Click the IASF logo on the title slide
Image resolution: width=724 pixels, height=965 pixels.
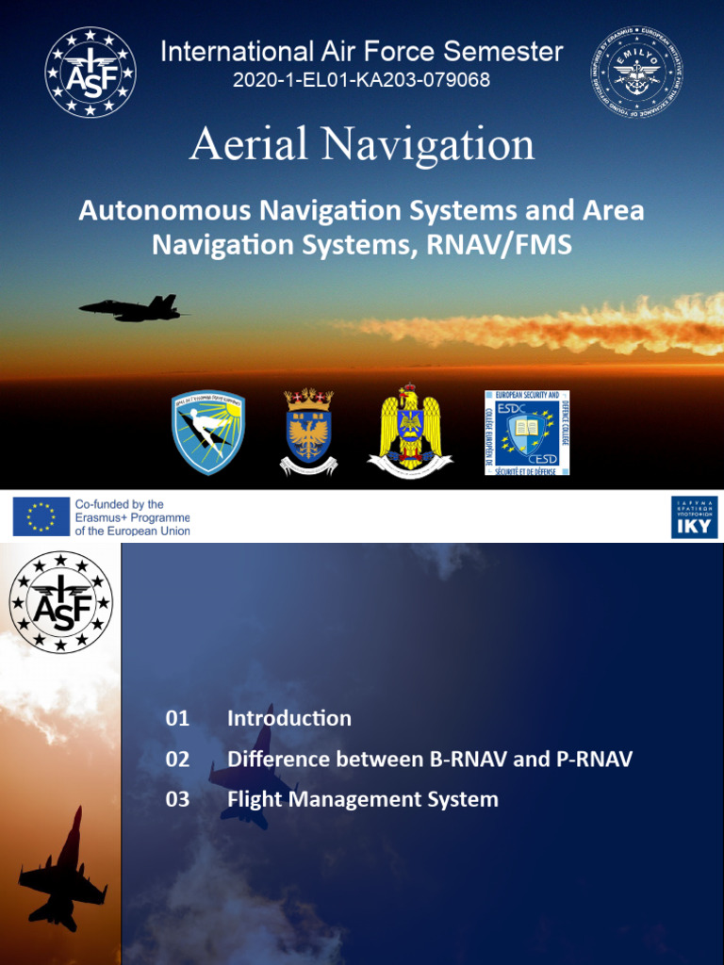click(x=90, y=73)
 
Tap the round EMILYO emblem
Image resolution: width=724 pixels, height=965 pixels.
click(x=637, y=73)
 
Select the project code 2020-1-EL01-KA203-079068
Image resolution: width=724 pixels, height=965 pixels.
click(x=362, y=80)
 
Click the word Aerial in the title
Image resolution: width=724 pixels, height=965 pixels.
click(x=249, y=144)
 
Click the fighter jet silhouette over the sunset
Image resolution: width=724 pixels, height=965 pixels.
click(x=135, y=307)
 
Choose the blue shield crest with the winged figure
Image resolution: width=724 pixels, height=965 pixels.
click(x=208, y=433)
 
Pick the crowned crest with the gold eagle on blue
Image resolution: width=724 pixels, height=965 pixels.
click(x=308, y=432)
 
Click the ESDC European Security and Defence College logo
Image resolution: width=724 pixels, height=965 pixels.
click(x=527, y=432)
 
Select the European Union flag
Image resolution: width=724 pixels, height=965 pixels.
click(x=41, y=516)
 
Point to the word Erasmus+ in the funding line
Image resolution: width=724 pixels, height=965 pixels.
click(x=98, y=517)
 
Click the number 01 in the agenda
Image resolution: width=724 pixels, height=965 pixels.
click(x=177, y=718)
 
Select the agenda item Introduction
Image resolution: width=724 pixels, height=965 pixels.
click(x=289, y=718)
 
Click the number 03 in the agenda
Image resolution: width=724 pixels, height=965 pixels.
click(x=177, y=800)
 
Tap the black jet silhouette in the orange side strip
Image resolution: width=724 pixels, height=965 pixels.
click(x=62, y=873)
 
